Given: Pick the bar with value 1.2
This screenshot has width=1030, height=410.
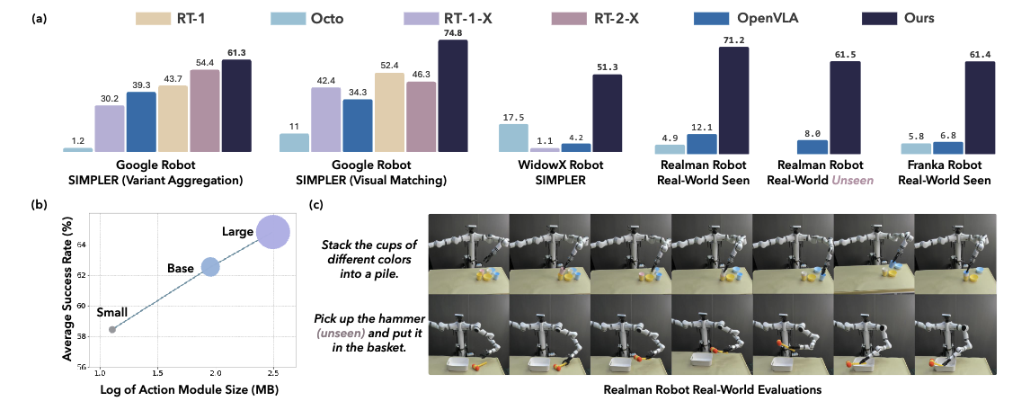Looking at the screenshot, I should tap(77, 150).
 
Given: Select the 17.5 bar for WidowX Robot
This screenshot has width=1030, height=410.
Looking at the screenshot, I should tap(513, 138).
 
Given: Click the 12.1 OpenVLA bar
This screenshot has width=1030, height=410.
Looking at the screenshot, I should tap(702, 142).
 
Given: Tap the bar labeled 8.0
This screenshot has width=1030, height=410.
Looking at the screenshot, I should tap(813, 146).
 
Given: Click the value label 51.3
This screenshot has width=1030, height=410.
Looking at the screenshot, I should tap(607, 68).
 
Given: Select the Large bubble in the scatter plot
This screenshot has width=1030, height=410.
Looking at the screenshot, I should tap(273, 232).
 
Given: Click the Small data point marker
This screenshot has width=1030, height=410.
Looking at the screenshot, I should tap(112, 330).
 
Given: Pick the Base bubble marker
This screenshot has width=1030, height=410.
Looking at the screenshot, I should tap(210, 266).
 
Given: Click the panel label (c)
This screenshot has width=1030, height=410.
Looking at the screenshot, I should tap(315, 204).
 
